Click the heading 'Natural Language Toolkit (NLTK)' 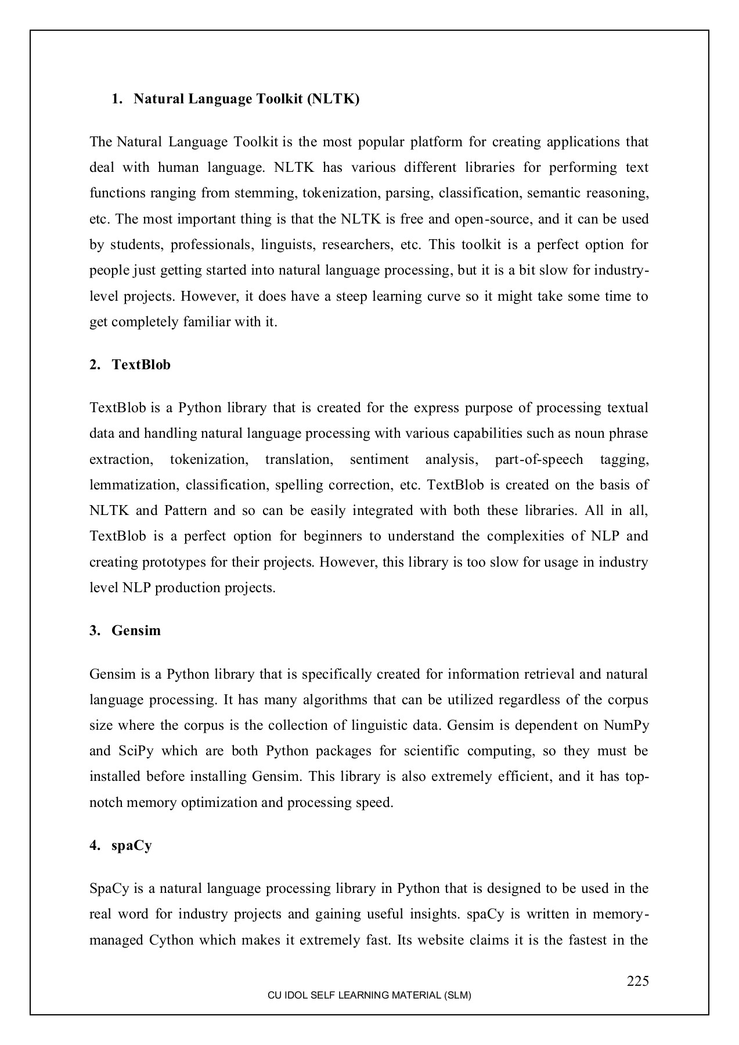click(246, 99)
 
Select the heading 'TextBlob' click(141, 365)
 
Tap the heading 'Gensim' click(136, 630)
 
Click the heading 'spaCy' click(132, 845)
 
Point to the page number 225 click(637, 981)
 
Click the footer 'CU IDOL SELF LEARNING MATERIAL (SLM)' click(369, 995)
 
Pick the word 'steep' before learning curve click(351, 297)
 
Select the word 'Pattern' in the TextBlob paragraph click(185, 511)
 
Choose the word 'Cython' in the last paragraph click(171, 940)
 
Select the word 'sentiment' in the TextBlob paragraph click(379, 460)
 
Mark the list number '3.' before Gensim click(95, 630)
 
